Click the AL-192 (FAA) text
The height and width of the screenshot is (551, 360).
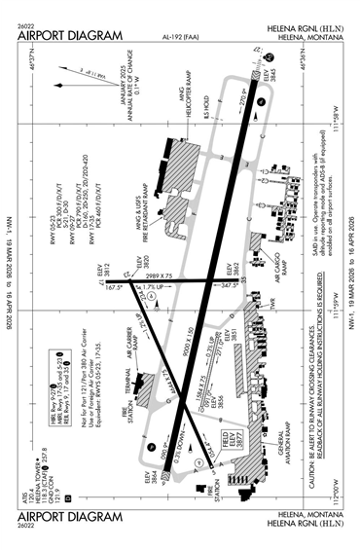(179, 32)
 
